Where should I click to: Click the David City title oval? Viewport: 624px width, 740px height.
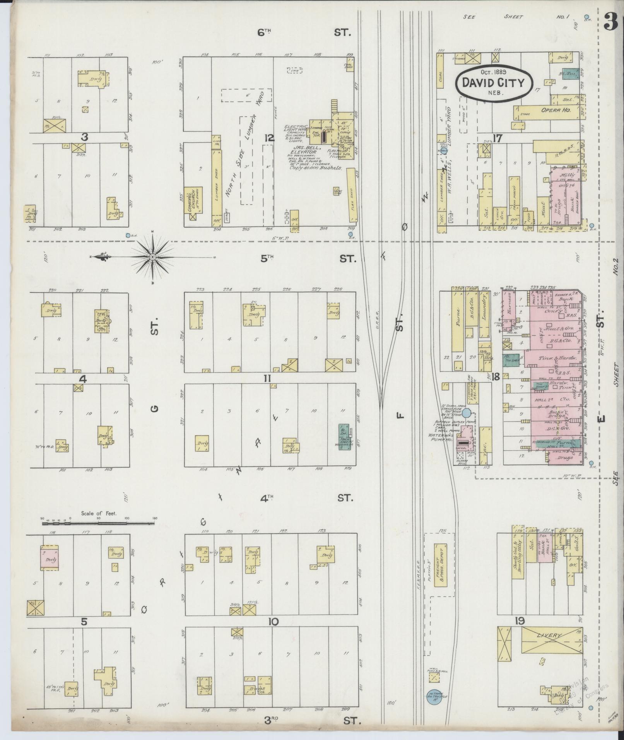click(494, 83)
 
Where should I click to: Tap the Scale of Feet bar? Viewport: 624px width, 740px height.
click(99, 523)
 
